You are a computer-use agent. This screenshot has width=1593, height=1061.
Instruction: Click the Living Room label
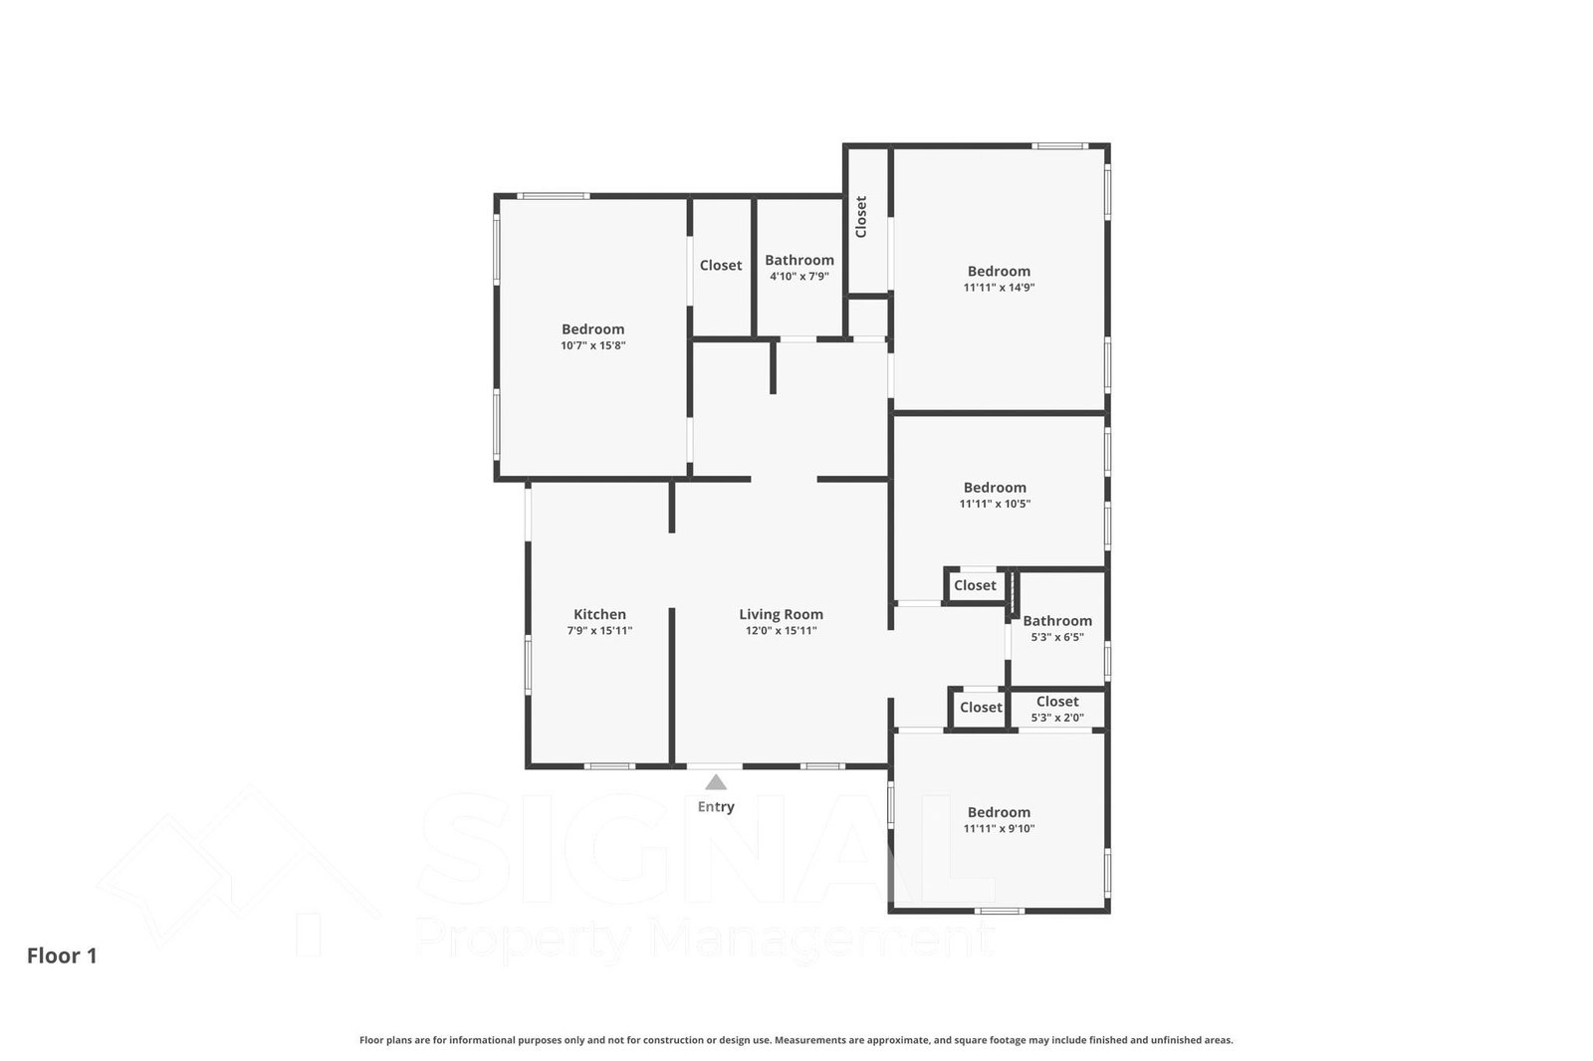click(x=781, y=614)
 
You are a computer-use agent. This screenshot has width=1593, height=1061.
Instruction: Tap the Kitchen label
click(x=599, y=614)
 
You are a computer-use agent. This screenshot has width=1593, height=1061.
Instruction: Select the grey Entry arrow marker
click(x=716, y=782)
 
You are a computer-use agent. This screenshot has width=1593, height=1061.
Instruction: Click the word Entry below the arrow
click(x=716, y=806)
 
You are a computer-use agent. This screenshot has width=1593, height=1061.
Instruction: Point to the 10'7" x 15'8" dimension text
click(x=593, y=345)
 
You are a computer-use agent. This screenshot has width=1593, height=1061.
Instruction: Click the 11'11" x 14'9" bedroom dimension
click(x=999, y=288)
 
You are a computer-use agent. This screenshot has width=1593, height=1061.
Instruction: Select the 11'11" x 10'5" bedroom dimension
click(x=995, y=504)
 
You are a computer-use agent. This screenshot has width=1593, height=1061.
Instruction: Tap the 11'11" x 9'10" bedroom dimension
click(x=999, y=828)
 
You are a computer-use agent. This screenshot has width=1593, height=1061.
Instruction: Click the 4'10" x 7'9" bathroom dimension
click(x=799, y=276)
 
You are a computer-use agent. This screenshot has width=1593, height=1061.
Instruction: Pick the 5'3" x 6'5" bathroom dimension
click(x=1057, y=637)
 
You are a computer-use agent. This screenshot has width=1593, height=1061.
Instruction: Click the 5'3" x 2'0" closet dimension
click(x=1057, y=718)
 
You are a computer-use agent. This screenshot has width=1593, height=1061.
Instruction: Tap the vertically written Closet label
click(x=861, y=217)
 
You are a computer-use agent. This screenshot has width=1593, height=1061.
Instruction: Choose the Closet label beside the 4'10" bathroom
click(x=721, y=265)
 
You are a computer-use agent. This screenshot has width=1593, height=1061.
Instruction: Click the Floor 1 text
click(x=62, y=955)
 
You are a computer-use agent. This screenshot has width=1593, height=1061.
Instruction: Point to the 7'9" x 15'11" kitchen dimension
click(x=599, y=630)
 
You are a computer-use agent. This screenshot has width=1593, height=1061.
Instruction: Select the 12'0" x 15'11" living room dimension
click(x=781, y=630)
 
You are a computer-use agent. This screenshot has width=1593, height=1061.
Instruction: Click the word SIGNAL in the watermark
click(x=708, y=850)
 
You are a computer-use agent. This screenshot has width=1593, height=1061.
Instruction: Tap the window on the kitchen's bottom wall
click(x=609, y=765)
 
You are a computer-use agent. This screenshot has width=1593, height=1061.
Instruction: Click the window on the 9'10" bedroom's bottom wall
click(x=1000, y=911)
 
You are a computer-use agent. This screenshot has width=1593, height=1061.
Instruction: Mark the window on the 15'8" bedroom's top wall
click(x=553, y=195)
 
